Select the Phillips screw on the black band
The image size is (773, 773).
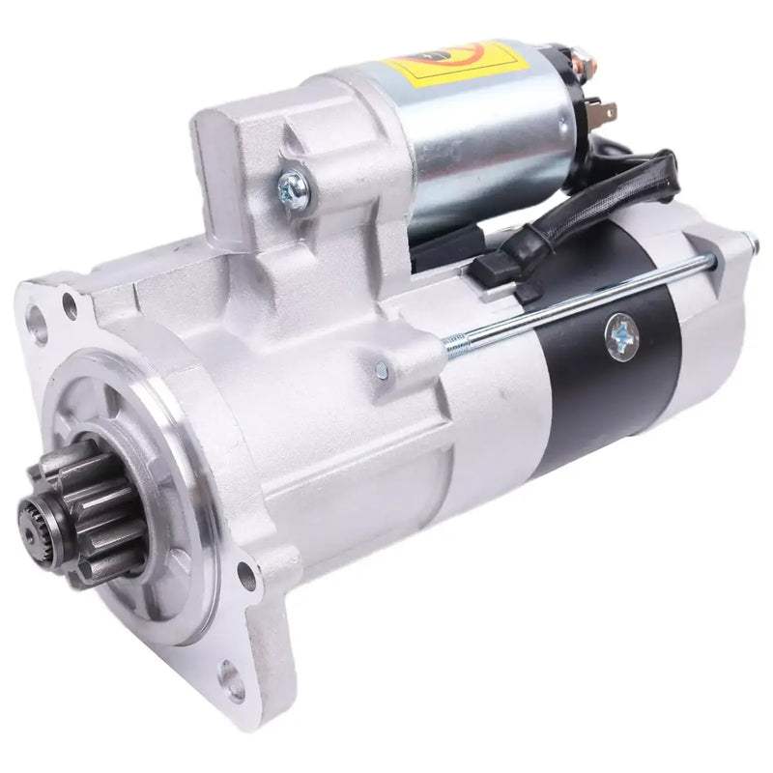[622, 334]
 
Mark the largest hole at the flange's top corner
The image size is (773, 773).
[39, 323]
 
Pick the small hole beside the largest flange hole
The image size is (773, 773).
[70, 307]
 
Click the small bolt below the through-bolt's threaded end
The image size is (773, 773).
[383, 370]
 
